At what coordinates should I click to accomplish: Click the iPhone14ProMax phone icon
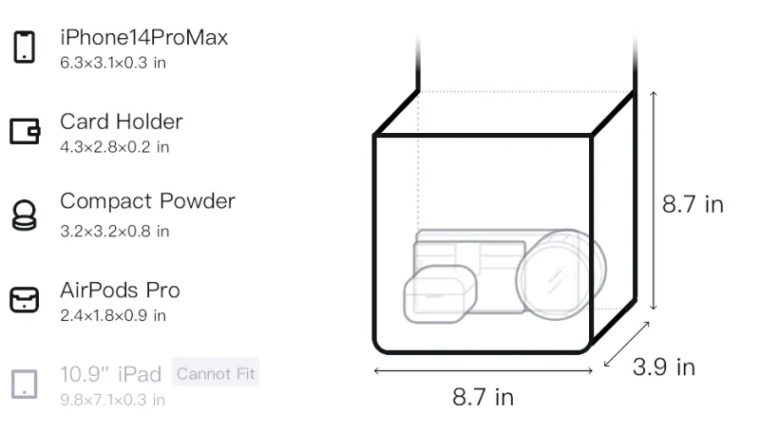coord(25,47)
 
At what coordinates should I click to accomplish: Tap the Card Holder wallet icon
coord(25,131)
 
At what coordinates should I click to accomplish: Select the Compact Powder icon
coord(25,215)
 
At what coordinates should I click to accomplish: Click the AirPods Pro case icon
coord(25,299)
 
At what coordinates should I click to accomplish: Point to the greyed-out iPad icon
coord(25,385)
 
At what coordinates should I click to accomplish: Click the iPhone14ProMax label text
coord(144,38)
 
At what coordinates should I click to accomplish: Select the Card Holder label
coord(122,122)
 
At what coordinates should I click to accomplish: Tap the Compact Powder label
coord(148,201)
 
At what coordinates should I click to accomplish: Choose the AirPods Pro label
coord(121,291)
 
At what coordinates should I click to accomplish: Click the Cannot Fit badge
coord(216,373)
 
